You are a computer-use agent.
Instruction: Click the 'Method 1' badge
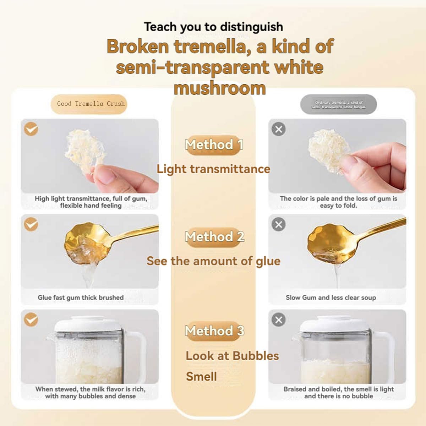tap(214, 145)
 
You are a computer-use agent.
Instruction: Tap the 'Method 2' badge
tap(214, 237)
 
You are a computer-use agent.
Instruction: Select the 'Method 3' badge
tap(214, 331)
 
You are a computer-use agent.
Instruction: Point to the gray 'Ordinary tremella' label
tap(339, 104)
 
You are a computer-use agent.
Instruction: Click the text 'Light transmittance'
tap(213, 169)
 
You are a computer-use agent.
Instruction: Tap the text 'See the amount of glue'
tap(213, 261)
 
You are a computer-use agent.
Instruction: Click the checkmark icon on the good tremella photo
tap(31, 129)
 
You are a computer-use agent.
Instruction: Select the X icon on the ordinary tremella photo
tap(279, 129)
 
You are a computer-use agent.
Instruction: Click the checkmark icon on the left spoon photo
tap(31, 224)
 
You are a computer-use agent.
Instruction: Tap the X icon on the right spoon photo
tap(279, 224)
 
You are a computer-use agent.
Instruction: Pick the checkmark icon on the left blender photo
tap(31, 319)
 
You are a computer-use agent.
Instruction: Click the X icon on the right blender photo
tap(279, 319)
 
